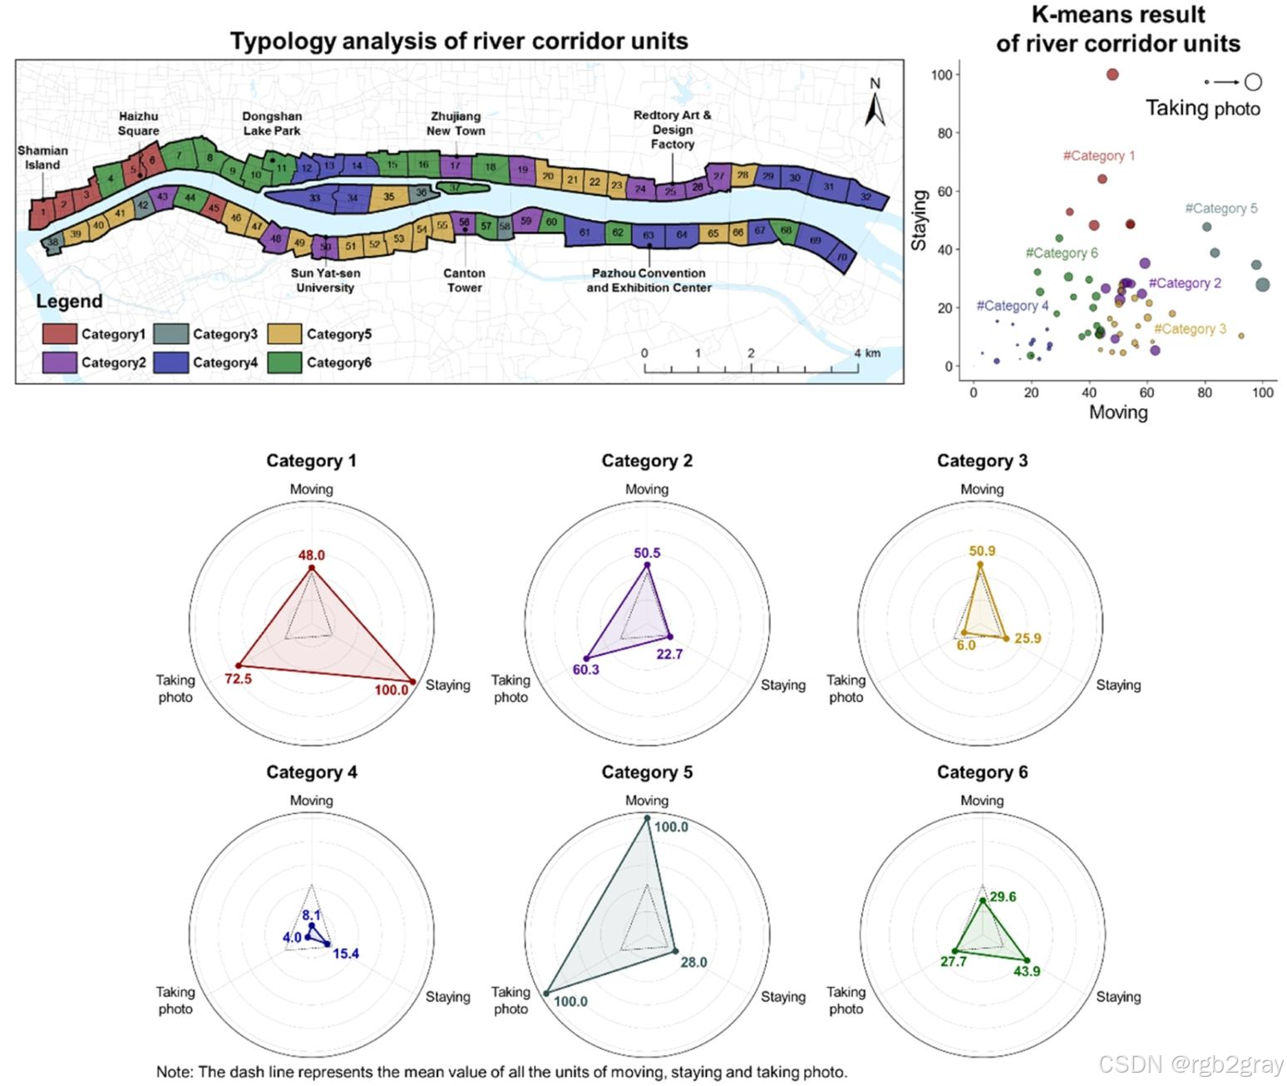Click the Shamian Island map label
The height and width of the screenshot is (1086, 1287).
pyautogui.click(x=42, y=157)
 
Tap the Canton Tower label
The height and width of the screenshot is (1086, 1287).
pyautogui.click(x=464, y=280)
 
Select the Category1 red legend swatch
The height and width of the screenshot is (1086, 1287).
pyautogui.click(x=59, y=334)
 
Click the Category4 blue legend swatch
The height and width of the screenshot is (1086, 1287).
pyautogui.click(x=171, y=363)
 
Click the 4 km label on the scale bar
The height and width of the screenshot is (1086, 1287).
pyautogui.click(x=865, y=353)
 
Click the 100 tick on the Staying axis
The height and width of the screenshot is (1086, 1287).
pyautogui.click(x=941, y=75)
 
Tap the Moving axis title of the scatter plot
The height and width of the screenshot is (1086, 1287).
pyautogui.click(x=1118, y=412)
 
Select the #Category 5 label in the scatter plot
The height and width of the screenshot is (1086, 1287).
pyautogui.click(x=1220, y=209)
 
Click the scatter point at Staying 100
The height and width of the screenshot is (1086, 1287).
pyautogui.click(x=1112, y=75)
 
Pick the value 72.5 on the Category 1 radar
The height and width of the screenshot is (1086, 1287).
pyautogui.click(x=238, y=679)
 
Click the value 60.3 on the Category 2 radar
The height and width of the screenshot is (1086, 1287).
pyautogui.click(x=586, y=669)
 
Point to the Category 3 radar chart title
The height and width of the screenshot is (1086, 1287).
pyautogui.click(x=982, y=461)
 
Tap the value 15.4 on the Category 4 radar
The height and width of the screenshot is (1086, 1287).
pyautogui.click(x=345, y=954)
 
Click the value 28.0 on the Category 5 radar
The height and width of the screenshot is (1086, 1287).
pyautogui.click(x=693, y=962)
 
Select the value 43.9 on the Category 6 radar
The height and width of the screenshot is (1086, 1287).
pyautogui.click(x=1026, y=971)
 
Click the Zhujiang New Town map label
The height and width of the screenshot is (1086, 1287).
pyautogui.click(x=456, y=123)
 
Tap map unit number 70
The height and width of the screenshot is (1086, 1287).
pyautogui.click(x=841, y=258)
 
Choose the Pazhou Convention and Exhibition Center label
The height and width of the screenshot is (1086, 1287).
pyautogui.click(x=648, y=280)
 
